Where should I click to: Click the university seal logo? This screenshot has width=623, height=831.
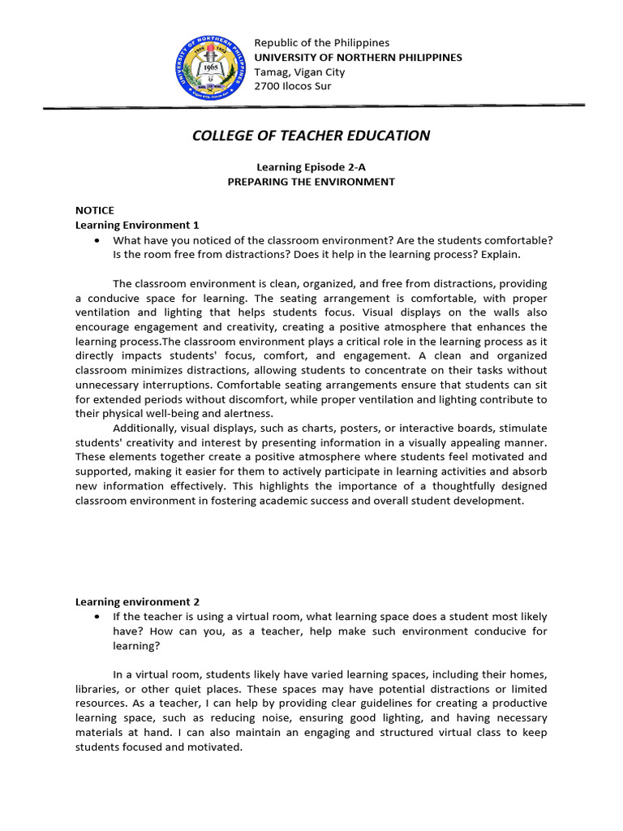[x=208, y=64]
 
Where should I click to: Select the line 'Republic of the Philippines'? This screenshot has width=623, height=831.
[x=322, y=42]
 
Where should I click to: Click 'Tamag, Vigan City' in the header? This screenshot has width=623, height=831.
[x=299, y=71]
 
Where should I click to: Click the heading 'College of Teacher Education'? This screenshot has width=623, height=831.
[x=311, y=136]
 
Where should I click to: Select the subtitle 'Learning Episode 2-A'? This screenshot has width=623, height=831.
[x=311, y=166]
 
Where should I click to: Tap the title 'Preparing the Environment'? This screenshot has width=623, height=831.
[x=311, y=182]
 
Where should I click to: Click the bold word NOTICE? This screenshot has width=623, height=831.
[x=95, y=210]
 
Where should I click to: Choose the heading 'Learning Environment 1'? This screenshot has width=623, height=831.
[x=137, y=225]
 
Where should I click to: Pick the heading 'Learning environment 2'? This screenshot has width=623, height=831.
[x=137, y=602]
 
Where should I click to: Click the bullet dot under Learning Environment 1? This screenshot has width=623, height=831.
[x=97, y=240]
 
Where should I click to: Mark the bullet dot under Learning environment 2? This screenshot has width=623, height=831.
[x=97, y=618]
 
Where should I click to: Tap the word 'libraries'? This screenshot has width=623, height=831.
[x=99, y=689]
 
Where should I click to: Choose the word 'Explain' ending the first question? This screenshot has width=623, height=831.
[x=499, y=255]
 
